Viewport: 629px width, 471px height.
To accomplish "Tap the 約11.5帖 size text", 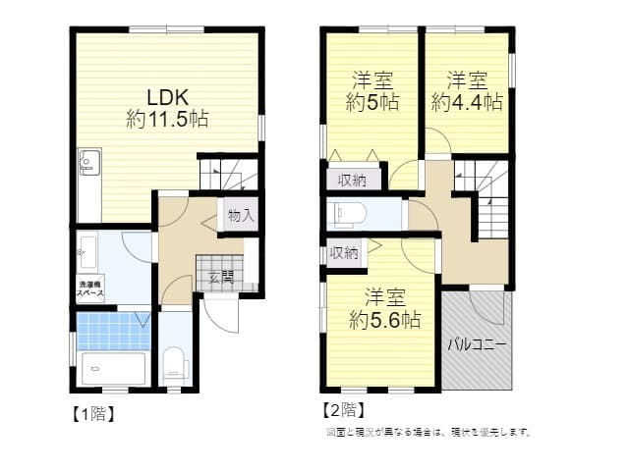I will click(167, 119).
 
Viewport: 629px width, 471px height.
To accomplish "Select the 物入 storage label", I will click(241, 215).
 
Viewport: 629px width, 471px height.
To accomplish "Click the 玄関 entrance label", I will click(220, 278).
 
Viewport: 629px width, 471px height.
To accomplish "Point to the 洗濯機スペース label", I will click(94, 290).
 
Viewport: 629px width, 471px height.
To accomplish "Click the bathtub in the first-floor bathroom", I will click(114, 369).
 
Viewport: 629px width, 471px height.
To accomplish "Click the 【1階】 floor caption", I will click(94, 413).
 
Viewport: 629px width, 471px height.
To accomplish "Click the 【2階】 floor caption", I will click(343, 409).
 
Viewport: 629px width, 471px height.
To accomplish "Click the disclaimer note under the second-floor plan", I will click(428, 432).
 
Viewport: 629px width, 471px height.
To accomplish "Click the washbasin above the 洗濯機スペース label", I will click(87, 247).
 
